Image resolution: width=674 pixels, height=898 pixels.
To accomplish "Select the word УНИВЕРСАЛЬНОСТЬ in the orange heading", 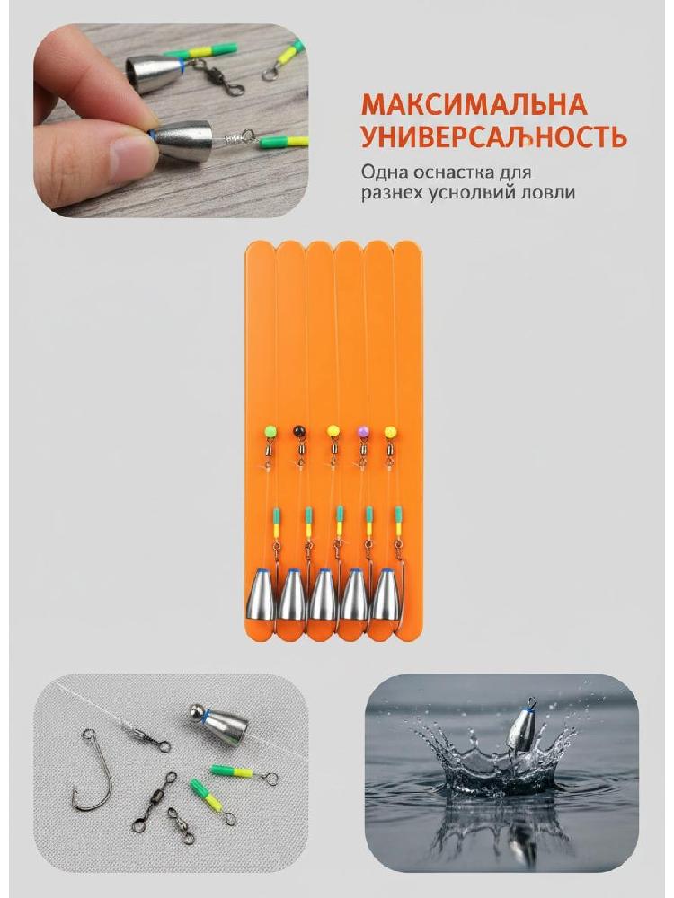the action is coord(493,136).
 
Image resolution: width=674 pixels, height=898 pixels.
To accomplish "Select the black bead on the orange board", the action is coord(298,429).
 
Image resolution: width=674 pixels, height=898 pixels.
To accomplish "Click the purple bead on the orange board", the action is coord(362,430).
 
